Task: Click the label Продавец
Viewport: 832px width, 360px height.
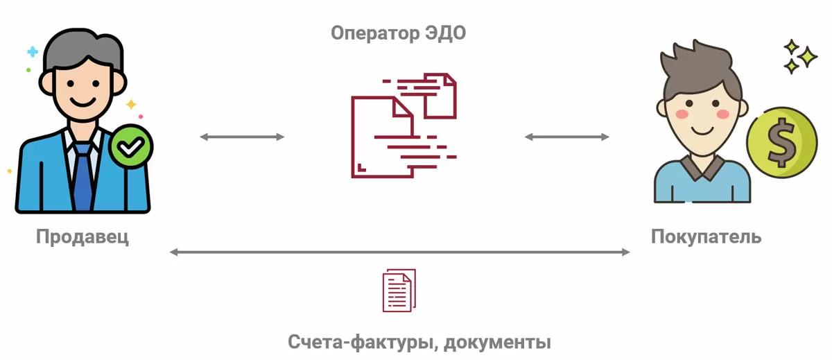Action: point(83,237)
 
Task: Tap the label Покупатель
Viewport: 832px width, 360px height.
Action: point(706,237)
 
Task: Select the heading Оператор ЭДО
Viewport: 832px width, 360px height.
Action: point(399,33)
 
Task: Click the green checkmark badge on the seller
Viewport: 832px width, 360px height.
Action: point(130,147)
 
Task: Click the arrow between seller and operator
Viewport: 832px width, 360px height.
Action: point(242,137)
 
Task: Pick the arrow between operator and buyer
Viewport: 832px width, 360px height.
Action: point(566,137)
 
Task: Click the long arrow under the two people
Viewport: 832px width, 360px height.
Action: point(399,252)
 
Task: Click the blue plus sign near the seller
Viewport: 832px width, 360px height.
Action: point(32,51)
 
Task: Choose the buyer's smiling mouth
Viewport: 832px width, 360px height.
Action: point(702,129)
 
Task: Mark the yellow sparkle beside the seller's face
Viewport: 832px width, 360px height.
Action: point(130,105)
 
